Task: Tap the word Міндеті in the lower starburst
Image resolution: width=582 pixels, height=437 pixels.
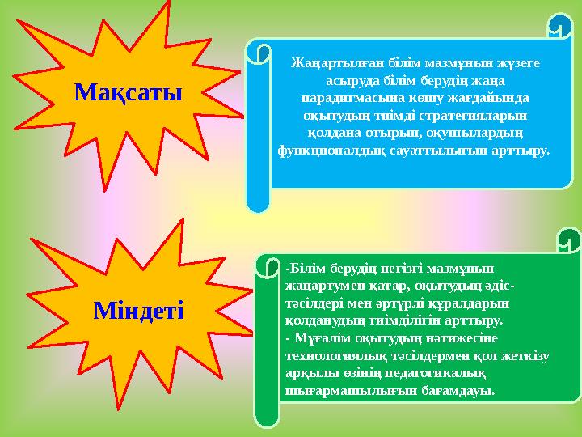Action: (x=138, y=309)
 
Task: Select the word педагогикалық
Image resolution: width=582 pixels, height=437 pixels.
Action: (x=435, y=373)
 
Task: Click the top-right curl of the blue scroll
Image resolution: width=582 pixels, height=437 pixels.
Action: (x=559, y=26)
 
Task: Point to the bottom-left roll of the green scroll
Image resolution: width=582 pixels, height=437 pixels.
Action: (x=267, y=417)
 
